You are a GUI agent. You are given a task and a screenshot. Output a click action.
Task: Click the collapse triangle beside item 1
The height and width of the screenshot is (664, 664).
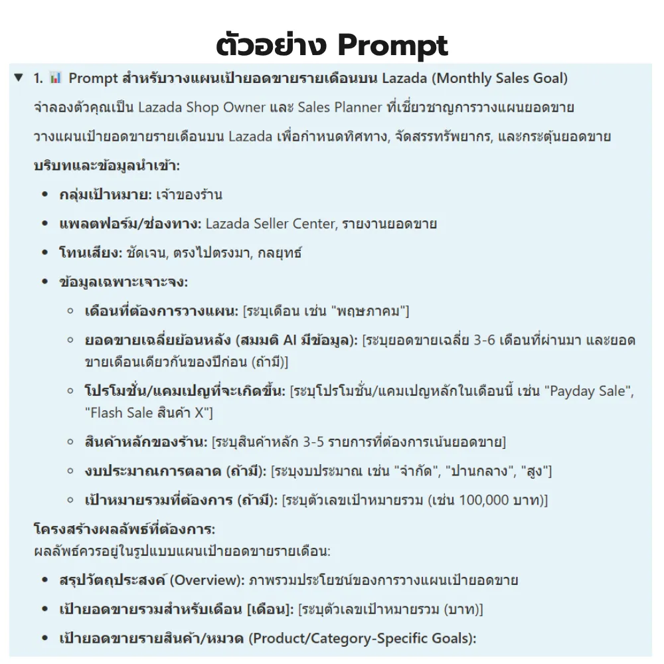click(18, 78)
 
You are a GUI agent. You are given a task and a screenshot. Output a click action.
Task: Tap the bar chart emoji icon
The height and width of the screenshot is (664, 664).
click(56, 78)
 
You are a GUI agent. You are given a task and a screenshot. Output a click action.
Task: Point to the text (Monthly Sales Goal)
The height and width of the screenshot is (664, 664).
click(500, 78)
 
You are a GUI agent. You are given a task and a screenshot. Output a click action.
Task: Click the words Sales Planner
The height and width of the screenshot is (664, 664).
click(339, 108)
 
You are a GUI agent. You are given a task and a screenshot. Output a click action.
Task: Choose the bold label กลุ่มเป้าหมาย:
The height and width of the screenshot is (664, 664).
click(106, 195)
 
